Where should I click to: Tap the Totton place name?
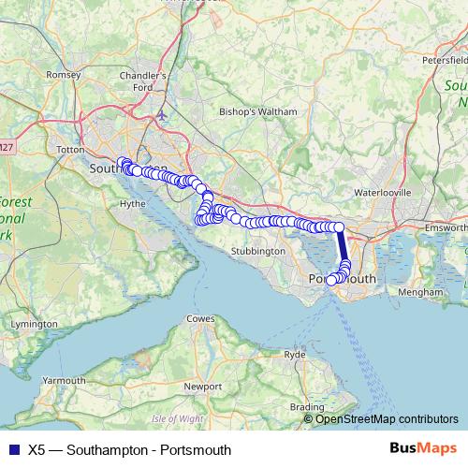[71, 149]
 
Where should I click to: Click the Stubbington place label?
[257, 251]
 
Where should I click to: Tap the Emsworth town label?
[446, 227]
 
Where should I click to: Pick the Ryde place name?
[295, 355]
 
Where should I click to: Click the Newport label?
[203, 386]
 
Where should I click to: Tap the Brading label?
[306, 406]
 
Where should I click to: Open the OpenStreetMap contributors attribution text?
[387, 418]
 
